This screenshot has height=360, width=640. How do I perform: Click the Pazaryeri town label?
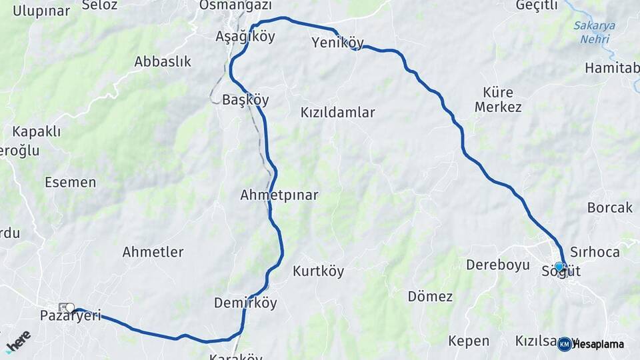pos(71,315)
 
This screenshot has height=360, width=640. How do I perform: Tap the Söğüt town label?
pos(561,271)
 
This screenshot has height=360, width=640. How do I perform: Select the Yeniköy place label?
pos(338,43)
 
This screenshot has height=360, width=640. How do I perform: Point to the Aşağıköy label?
pos(245,37)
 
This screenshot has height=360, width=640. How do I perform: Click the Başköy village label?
pos(245,100)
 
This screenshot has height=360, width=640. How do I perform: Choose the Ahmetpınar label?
pos(279,195)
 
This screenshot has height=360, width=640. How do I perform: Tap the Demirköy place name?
pos(245,303)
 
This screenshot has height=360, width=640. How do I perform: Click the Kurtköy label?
pos(319,271)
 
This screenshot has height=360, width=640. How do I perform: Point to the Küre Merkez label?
pos(498,99)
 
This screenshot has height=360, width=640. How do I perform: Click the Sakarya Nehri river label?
pos(594,32)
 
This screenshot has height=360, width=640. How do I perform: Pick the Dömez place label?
pos(430,297)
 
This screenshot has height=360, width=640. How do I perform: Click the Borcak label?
pos(610,208)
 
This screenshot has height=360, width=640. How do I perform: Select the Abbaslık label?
pos(163,62)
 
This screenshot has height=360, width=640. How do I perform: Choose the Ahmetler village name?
pos(153,252)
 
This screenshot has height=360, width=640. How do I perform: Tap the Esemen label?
pos(71,182)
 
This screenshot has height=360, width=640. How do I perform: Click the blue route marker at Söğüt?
pos(559,266)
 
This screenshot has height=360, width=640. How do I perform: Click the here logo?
pos(18,341)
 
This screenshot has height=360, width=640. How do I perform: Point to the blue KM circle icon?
pos(565,344)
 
